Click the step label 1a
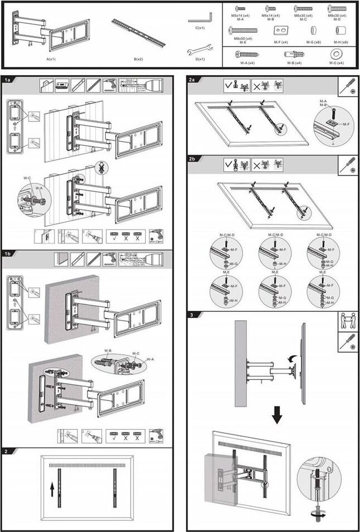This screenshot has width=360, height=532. coord(8,81)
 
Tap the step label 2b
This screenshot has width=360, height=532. coord(193,159)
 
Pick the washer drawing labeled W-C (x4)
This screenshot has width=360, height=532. coord(336,54)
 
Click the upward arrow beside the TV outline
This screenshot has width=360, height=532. coord(52,489)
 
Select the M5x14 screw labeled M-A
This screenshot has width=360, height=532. coord(240,8)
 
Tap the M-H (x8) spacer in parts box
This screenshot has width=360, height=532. coord(338,29)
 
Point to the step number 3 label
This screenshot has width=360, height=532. coord(192,315)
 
